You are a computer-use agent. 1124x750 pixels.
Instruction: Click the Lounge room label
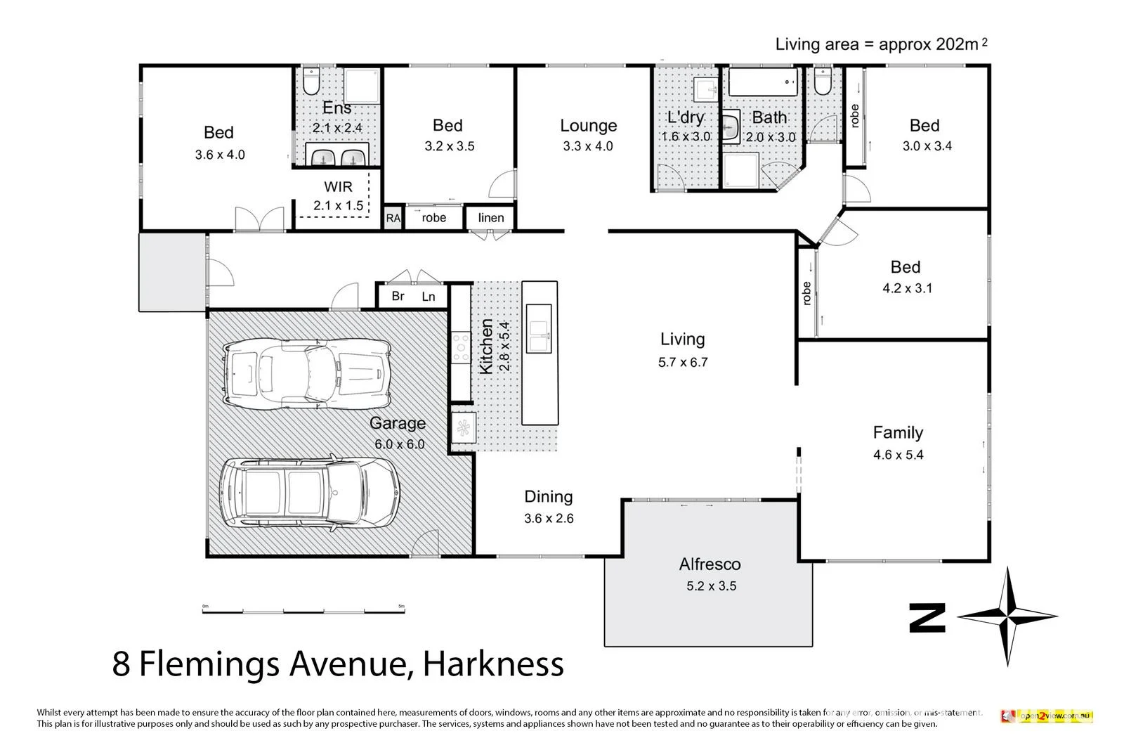point(588,126)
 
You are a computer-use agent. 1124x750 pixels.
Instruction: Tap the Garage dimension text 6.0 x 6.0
point(399,444)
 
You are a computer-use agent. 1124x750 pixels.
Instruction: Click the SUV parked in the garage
point(309,493)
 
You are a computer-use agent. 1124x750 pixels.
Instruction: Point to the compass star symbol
point(1007,616)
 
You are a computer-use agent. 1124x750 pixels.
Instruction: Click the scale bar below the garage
point(303,611)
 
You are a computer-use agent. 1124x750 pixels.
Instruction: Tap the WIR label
point(338,187)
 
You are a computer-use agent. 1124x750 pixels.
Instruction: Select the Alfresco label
point(710,564)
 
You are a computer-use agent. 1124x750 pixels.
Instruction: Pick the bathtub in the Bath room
point(764,82)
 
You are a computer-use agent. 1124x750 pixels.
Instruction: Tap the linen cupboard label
point(491,218)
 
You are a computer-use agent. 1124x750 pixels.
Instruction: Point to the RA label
point(393,219)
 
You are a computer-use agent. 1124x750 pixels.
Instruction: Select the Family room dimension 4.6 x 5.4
point(898,455)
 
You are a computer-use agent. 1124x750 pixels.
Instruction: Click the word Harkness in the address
point(495,664)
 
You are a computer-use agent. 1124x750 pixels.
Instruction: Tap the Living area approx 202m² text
point(881,44)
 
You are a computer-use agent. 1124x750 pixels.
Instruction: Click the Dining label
point(548,497)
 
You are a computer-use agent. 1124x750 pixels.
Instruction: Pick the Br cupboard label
point(398,296)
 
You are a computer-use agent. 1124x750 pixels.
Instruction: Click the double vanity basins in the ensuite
point(337,157)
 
